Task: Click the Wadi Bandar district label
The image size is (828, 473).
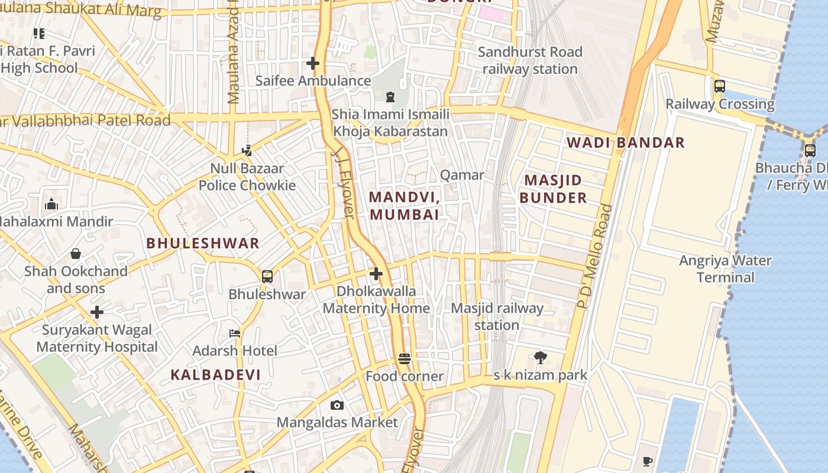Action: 626,142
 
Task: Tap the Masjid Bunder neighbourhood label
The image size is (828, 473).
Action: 554,189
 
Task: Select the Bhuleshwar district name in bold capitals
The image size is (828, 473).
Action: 203,243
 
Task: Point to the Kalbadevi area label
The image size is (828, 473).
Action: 216,374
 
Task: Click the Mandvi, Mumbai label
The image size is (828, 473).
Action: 405,205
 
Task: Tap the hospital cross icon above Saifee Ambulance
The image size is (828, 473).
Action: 313,63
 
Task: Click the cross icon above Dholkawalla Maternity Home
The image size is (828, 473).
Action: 376,274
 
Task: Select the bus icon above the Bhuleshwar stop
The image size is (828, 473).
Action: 267,276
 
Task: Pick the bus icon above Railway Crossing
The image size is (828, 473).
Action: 720,86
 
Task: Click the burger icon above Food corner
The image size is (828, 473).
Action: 405,359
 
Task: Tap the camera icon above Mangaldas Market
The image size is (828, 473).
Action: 337,405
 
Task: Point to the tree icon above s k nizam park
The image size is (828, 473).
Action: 540,357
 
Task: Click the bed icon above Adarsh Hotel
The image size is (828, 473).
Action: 235,333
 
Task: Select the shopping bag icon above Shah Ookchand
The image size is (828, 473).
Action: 76,254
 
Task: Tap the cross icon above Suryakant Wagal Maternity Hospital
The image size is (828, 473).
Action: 97,312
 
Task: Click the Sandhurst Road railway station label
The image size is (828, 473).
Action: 530,60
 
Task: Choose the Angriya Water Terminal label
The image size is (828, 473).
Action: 725,269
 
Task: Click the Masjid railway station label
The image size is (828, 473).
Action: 497,316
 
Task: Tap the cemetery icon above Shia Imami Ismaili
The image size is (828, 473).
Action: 390,96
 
